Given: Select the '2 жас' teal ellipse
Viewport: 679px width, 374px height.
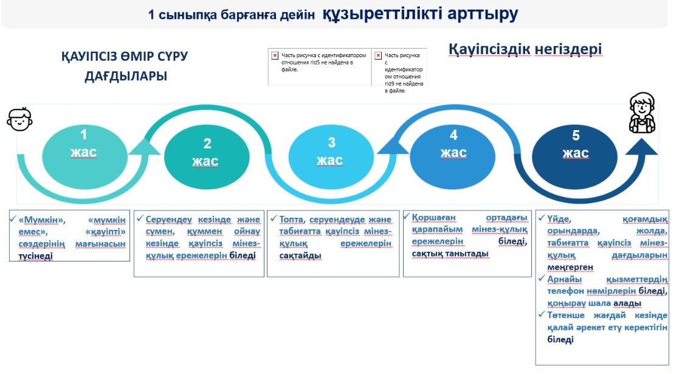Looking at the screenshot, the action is point(207,156).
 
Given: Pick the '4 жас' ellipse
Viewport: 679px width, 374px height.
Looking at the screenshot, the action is point(452,156).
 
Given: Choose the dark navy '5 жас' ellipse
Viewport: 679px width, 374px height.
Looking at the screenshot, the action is point(574,156).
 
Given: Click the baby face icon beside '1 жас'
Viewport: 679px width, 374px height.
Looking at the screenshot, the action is point(20,119).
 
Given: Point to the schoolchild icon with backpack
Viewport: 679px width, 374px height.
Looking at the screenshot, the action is point(642,113).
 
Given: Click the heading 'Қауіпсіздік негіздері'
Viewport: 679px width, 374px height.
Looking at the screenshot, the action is point(525,49).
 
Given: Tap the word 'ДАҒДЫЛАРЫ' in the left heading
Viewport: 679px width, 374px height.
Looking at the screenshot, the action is point(126,76).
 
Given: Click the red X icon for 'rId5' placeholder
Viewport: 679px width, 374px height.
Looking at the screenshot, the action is point(275,55).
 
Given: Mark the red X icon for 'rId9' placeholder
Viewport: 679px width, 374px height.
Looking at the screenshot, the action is point(378,55).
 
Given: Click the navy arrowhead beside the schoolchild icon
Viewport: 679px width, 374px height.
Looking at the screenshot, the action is point(642,147).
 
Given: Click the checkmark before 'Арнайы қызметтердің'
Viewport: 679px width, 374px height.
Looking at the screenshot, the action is point(541,279).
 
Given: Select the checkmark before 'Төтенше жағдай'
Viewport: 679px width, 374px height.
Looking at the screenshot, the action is point(541,314).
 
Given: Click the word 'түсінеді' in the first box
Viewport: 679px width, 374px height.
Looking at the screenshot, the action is point(35,256).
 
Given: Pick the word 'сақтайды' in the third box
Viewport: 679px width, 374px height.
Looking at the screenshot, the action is point(300,255).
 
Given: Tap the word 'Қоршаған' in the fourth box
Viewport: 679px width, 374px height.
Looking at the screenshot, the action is point(433,217).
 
